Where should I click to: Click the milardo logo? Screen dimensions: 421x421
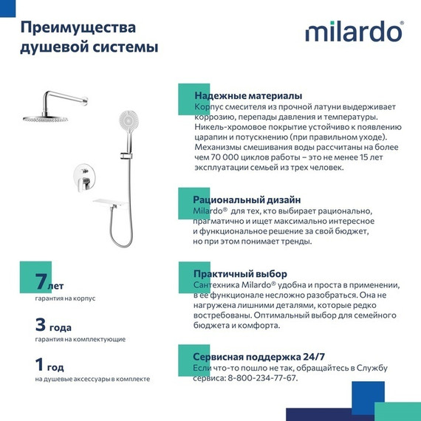[354, 33]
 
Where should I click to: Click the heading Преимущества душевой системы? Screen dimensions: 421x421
[88, 37]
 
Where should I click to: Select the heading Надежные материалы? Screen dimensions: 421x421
[247, 96]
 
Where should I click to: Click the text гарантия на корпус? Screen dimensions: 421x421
[65, 298]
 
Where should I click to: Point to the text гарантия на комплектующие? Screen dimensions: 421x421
[80, 339]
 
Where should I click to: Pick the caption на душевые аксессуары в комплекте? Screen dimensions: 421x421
[92, 379]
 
